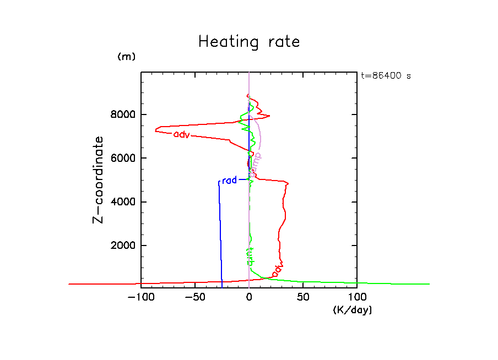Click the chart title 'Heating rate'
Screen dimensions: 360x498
coord(249,42)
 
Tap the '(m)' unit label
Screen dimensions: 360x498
coord(126,57)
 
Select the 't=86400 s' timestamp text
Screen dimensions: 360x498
coord(386,76)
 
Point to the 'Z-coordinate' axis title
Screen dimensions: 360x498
coord(98,179)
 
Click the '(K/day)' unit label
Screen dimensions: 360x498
coord(353,310)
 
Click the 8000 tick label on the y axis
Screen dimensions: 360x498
coord(120,115)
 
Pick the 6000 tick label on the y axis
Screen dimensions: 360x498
coord(120,159)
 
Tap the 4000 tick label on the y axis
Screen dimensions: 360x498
coord(120,202)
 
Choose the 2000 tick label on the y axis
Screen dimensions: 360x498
coord(120,246)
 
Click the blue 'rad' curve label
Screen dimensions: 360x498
coord(229,181)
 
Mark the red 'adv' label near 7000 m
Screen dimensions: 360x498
coord(181,134)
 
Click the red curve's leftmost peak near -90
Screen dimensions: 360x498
coord(156,130)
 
